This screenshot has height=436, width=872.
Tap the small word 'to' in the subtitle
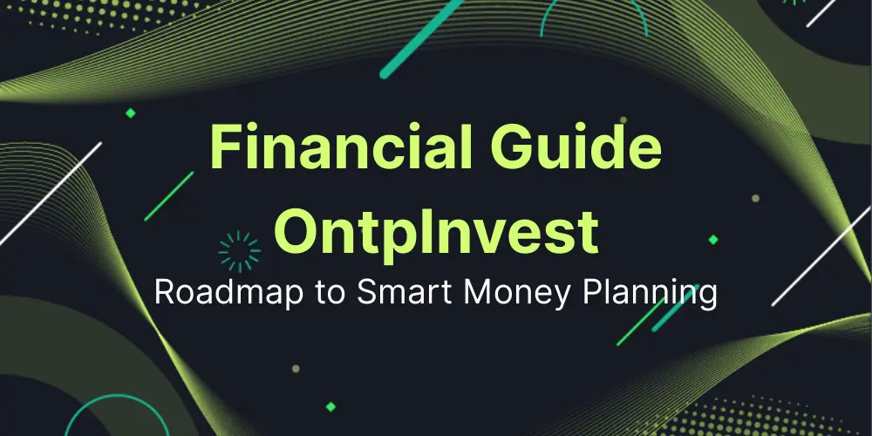pos(334,294)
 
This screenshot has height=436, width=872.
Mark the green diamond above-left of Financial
pos(131,113)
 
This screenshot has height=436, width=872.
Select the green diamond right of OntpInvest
pos(712,239)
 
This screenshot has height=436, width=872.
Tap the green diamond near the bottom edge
pos(330,405)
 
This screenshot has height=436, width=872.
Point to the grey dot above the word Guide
pos(623,119)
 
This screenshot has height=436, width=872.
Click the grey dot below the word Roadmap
pos(296,369)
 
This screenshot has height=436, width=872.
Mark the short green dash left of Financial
pos(168,196)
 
